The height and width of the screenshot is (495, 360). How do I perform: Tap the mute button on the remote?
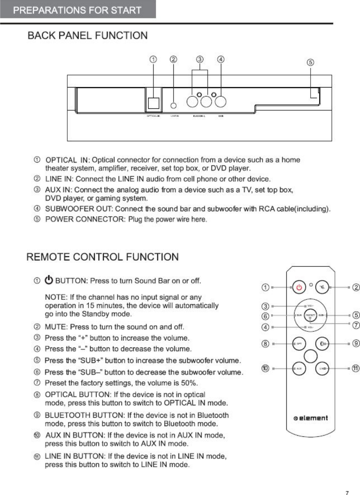click(324, 287)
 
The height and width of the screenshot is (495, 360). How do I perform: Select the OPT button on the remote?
click(299, 344)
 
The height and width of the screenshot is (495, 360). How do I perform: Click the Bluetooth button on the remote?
click(323, 344)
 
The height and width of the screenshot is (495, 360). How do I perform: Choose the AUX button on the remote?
click(299, 368)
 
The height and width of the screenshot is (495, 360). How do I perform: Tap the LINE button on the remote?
click(323, 368)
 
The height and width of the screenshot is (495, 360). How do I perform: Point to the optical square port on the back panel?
click(153, 102)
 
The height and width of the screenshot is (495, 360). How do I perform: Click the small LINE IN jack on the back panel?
click(174, 105)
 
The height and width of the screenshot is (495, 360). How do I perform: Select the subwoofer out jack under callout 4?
click(220, 102)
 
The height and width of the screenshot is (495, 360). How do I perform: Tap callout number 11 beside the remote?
click(355, 368)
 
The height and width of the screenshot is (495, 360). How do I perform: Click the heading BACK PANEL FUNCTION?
click(88, 36)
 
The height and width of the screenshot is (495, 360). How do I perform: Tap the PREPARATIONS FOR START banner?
click(78, 10)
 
